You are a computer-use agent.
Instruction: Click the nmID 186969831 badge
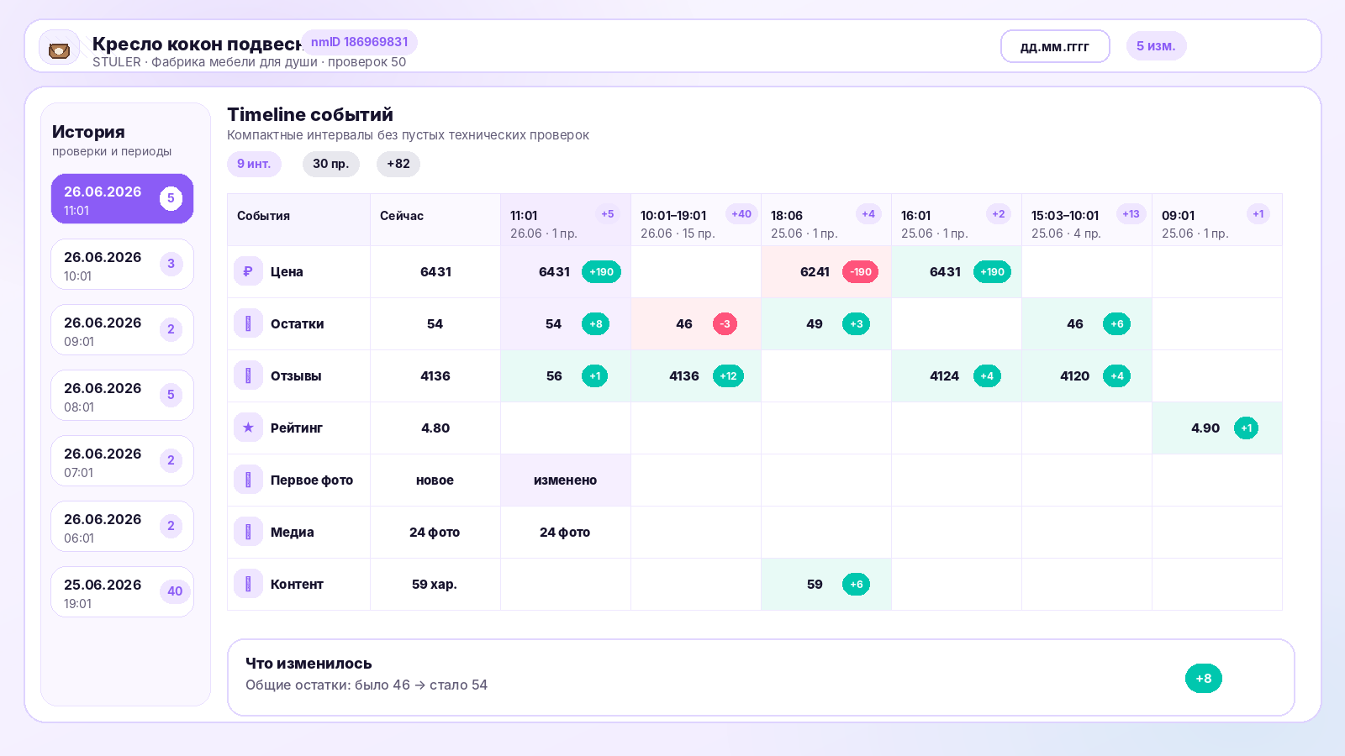(359, 42)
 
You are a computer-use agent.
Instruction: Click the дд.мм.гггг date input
(1055, 46)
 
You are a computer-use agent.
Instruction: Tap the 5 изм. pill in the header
(1156, 46)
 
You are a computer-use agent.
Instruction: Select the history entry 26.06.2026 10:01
(123, 265)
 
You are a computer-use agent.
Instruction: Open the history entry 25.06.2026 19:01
(123, 592)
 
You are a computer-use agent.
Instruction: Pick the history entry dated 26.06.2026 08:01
(123, 396)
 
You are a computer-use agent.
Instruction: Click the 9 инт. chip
(254, 164)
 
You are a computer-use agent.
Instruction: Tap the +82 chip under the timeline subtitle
(398, 164)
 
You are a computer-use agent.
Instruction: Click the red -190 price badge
(861, 272)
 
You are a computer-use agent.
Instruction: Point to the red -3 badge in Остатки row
(725, 324)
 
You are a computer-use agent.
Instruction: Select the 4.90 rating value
(1205, 428)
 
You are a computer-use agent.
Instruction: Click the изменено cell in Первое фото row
(565, 480)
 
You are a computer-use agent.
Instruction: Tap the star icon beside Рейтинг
(248, 428)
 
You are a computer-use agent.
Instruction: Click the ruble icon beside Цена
(248, 272)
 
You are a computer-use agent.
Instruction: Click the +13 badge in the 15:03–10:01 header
(1131, 214)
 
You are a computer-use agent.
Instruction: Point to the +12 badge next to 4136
(728, 376)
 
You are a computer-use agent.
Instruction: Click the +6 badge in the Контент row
(857, 585)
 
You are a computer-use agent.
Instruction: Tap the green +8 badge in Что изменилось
(1203, 679)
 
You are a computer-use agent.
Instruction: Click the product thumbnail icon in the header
(59, 50)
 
